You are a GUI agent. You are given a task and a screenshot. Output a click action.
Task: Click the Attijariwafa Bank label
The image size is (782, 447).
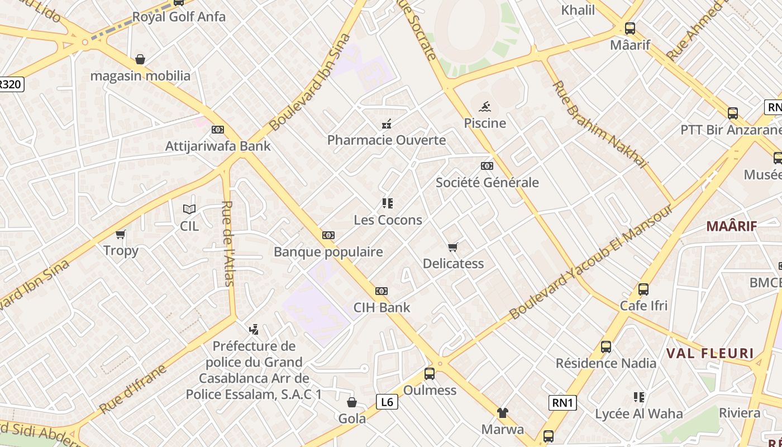tap(218, 146)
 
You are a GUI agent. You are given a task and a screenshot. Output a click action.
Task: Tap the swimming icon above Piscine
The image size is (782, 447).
tap(485, 106)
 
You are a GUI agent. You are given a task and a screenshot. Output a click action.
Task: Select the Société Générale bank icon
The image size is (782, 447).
tap(487, 166)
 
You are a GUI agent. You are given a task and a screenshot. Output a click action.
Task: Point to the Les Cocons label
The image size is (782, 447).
tap(388, 220)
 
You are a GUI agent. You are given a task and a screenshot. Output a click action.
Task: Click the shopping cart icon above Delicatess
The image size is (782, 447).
tap(453, 247)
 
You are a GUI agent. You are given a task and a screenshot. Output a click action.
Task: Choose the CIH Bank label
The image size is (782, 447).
tap(382, 307)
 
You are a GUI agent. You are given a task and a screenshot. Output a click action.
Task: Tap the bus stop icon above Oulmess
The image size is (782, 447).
tap(430, 373)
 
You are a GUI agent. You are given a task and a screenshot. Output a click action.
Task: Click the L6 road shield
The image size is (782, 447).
tap(387, 402)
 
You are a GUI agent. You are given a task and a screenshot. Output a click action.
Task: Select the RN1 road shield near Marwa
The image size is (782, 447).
tap(562, 403)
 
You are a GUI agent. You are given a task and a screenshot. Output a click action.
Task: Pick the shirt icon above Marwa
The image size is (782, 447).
tap(503, 413)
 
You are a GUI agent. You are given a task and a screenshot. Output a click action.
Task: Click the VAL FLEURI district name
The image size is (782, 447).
tap(710, 354)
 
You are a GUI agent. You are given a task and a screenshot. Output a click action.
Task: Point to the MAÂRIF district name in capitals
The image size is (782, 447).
tap(732, 226)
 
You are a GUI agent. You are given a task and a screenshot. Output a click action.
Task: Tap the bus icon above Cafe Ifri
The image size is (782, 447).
tap(643, 289)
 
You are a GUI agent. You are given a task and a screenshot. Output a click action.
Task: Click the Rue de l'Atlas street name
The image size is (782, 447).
tap(228, 243)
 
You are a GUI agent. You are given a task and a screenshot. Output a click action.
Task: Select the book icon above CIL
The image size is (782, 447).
tap(189, 209)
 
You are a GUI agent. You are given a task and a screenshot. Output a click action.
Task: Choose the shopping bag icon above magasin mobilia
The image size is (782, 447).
tap(140, 59)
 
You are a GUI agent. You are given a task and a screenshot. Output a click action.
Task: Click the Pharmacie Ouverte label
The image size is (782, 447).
tap(387, 140)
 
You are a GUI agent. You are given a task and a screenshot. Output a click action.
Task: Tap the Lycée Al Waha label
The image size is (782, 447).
tap(639, 414)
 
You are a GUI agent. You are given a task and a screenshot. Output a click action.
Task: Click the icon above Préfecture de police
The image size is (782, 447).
tap(254, 329)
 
